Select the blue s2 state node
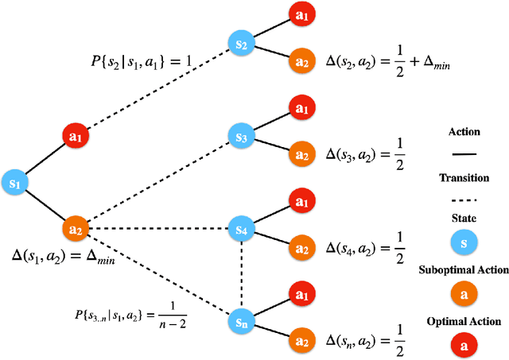pyautogui.click(x=240, y=43)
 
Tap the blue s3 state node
pyautogui.click(x=240, y=137)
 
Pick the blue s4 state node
pyautogui.click(x=240, y=230)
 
